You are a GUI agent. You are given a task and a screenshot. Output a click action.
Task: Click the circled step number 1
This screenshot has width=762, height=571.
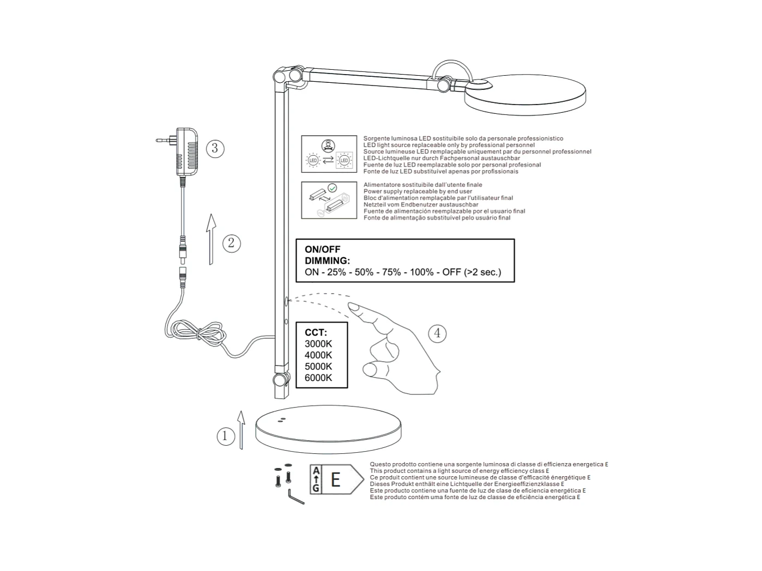click(x=225, y=436)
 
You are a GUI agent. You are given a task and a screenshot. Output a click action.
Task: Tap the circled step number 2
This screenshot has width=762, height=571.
click(x=231, y=243)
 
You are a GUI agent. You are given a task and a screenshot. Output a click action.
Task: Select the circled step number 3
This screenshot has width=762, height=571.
click(x=215, y=148)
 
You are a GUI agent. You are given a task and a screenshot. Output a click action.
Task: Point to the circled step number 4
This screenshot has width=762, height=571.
click(x=437, y=333)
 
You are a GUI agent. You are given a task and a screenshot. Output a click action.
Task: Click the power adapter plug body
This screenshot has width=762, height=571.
click(x=187, y=151)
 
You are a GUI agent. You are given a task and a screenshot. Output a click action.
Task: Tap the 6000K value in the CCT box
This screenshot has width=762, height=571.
click(x=318, y=378)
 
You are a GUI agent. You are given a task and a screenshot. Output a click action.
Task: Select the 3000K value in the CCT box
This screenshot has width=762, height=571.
click(x=318, y=344)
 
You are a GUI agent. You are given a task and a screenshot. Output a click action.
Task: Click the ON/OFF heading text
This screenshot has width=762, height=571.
click(x=323, y=250)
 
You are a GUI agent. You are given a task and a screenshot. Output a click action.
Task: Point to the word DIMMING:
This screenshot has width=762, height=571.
click(x=327, y=261)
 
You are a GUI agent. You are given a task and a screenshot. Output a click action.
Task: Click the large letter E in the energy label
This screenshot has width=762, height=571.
click(x=335, y=479)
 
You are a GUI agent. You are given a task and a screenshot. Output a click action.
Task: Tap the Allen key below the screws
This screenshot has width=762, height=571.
click(x=296, y=497)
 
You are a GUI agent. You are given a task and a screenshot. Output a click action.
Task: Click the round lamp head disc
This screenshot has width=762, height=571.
click(x=525, y=95)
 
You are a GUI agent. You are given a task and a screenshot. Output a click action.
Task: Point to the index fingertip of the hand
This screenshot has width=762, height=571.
click(x=353, y=307)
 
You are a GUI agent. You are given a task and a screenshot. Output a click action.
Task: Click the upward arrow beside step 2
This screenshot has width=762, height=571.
click(x=211, y=239)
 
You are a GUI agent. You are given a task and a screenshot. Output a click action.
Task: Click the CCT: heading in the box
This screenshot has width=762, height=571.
click(x=316, y=332)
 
